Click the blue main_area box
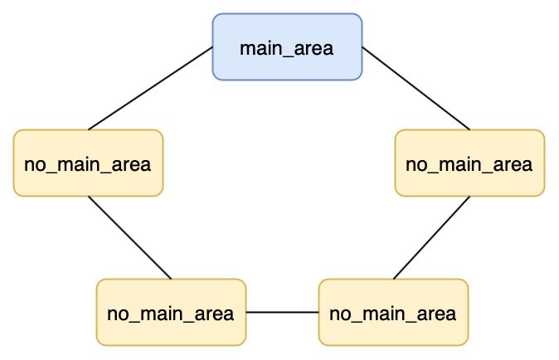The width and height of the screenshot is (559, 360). (x=287, y=46)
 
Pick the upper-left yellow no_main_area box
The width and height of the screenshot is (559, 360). (x=89, y=163)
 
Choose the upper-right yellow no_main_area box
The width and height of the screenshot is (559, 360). (x=470, y=163)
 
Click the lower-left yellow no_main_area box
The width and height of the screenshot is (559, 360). (x=171, y=312)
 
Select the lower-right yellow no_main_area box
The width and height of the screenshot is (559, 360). (x=393, y=312)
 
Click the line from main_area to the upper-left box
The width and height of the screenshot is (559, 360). (x=150, y=88)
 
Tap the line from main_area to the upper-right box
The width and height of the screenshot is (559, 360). (x=416, y=88)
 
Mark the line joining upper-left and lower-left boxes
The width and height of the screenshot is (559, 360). (x=129, y=238)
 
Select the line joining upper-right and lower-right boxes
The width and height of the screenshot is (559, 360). (x=432, y=238)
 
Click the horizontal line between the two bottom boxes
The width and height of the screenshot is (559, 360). (x=282, y=312)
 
